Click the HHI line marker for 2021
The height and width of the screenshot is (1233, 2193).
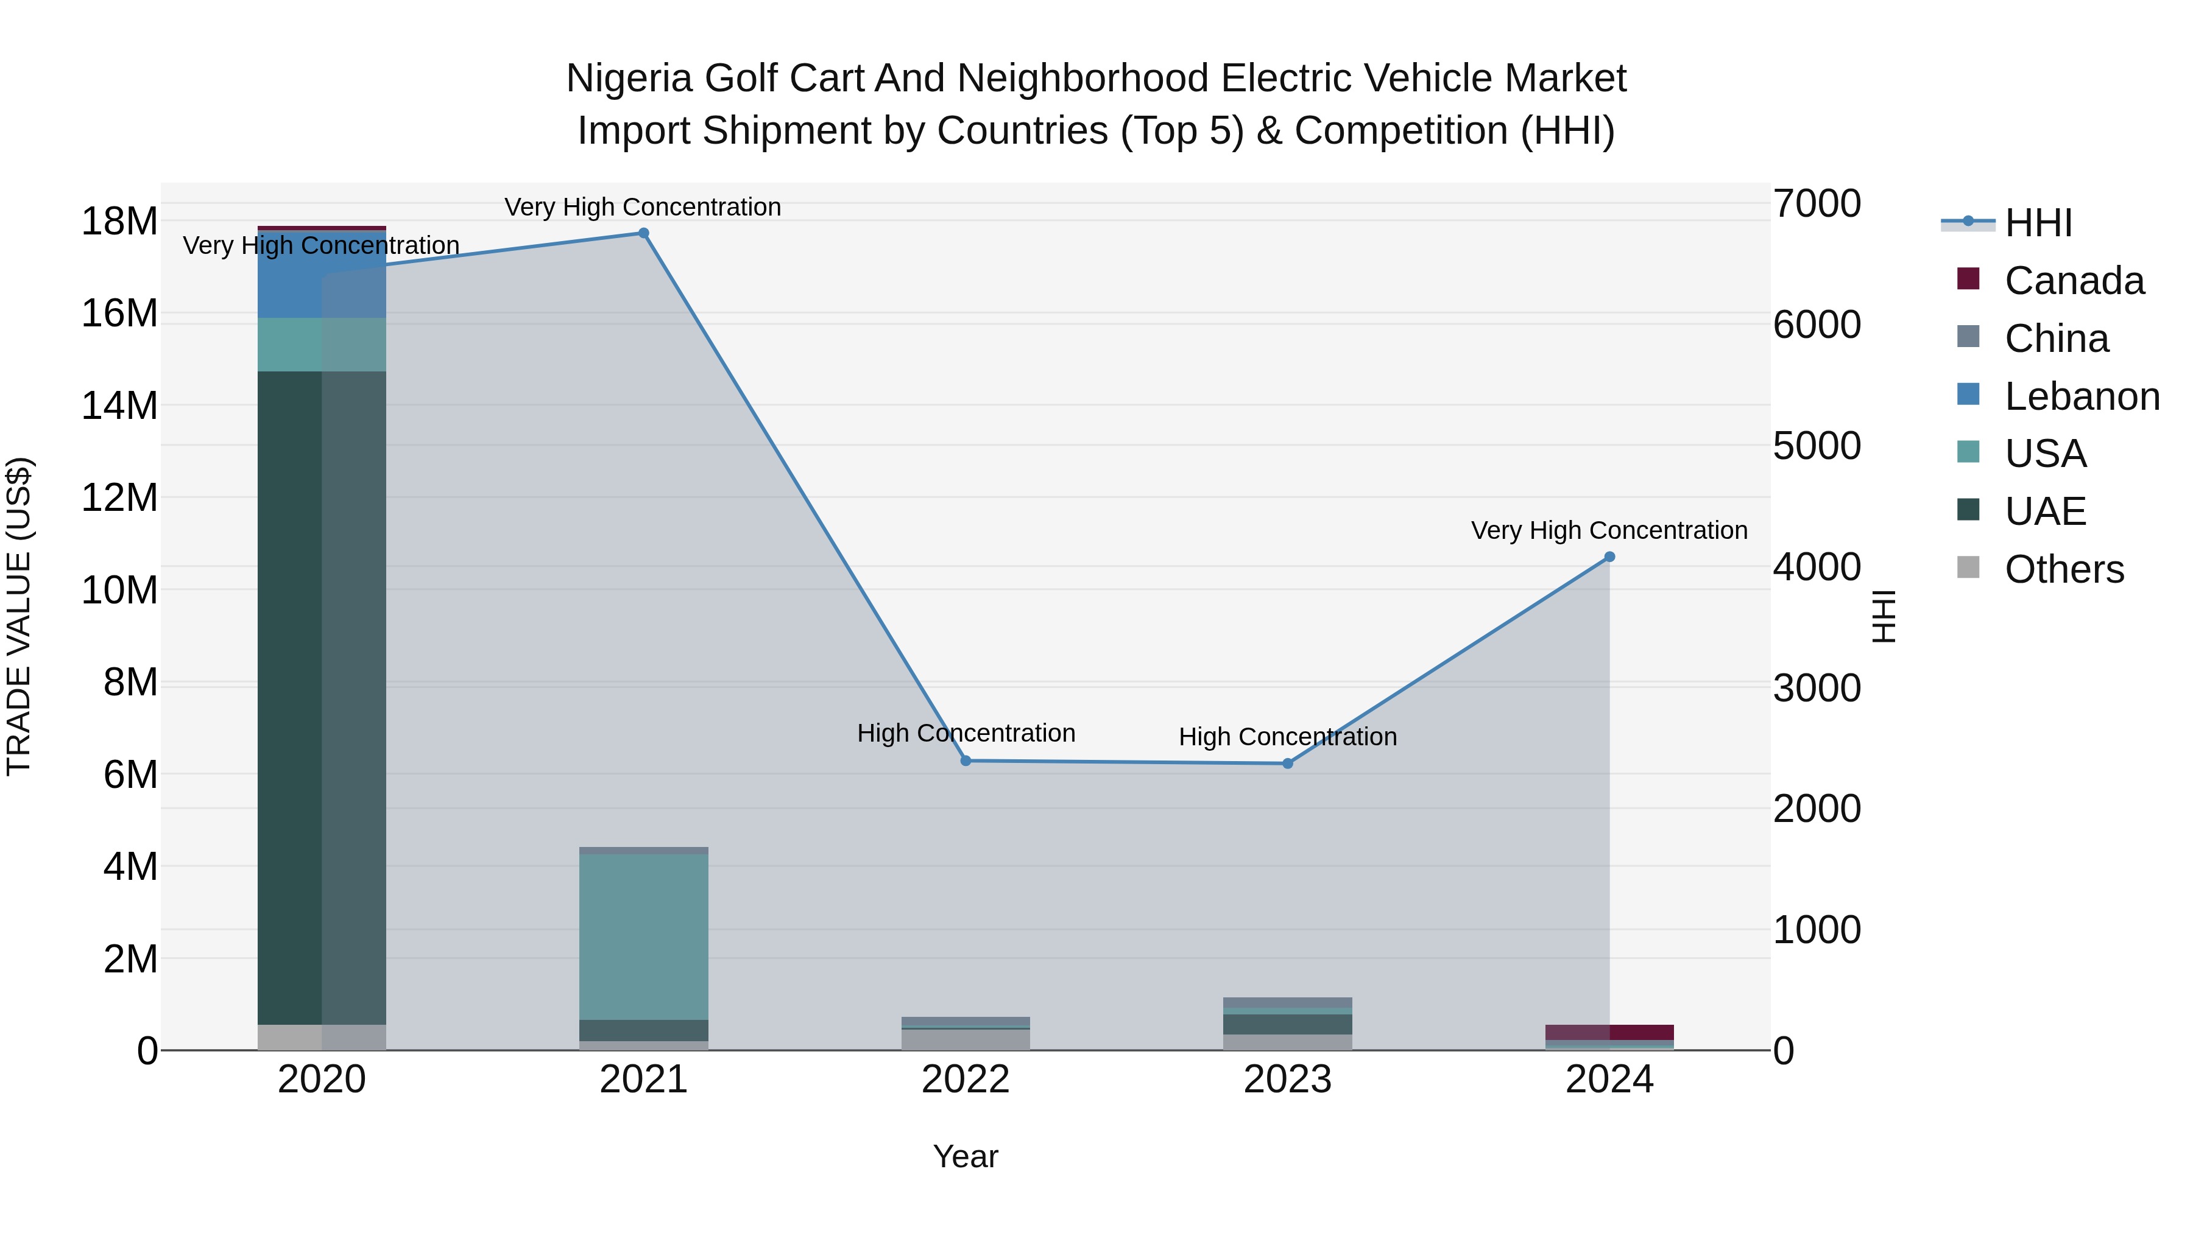pos(644,233)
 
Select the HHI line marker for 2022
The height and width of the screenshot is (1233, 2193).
pos(966,761)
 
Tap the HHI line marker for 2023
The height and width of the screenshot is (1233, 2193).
pos(1287,764)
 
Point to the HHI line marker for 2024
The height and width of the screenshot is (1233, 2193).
pos(1609,557)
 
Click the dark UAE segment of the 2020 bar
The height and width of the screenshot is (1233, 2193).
pos(321,698)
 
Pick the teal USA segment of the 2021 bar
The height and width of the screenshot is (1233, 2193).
pos(644,936)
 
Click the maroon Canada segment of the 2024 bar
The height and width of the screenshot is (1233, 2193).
pos(1609,1031)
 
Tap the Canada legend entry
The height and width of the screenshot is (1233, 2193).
pos(2074,281)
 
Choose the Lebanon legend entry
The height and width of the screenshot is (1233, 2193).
pos(2082,396)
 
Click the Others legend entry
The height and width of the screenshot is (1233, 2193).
pos(2064,569)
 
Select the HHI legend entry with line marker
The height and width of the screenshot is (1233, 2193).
pos(2038,223)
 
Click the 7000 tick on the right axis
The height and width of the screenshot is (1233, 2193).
pos(1817,204)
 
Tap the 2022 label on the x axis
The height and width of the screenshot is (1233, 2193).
pos(966,1079)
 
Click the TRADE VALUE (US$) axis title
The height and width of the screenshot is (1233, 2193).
pos(19,616)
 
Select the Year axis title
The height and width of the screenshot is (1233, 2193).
pos(966,1156)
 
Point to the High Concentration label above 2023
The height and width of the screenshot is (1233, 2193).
pos(1287,736)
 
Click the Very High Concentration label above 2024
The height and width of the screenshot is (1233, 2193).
pos(1609,530)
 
